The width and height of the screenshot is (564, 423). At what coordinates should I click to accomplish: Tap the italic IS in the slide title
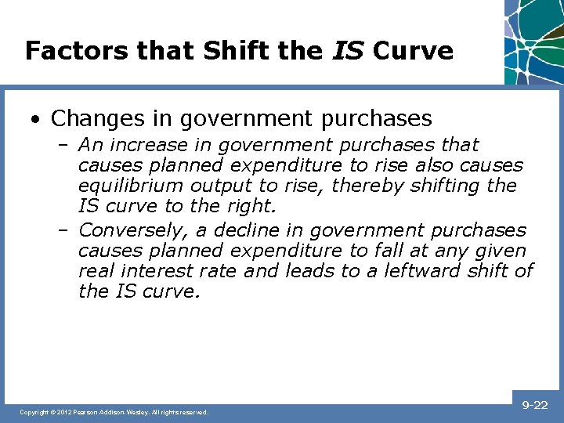(x=348, y=51)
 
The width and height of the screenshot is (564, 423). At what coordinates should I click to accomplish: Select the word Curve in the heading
(x=413, y=51)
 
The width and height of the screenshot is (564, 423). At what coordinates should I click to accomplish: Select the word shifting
(x=450, y=186)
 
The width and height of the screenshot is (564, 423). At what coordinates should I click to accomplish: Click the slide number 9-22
(x=535, y=405)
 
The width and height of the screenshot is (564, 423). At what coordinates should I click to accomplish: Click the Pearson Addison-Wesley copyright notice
(x=114, y=412)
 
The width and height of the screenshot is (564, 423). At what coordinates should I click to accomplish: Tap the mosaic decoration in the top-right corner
(x=534, y=39)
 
